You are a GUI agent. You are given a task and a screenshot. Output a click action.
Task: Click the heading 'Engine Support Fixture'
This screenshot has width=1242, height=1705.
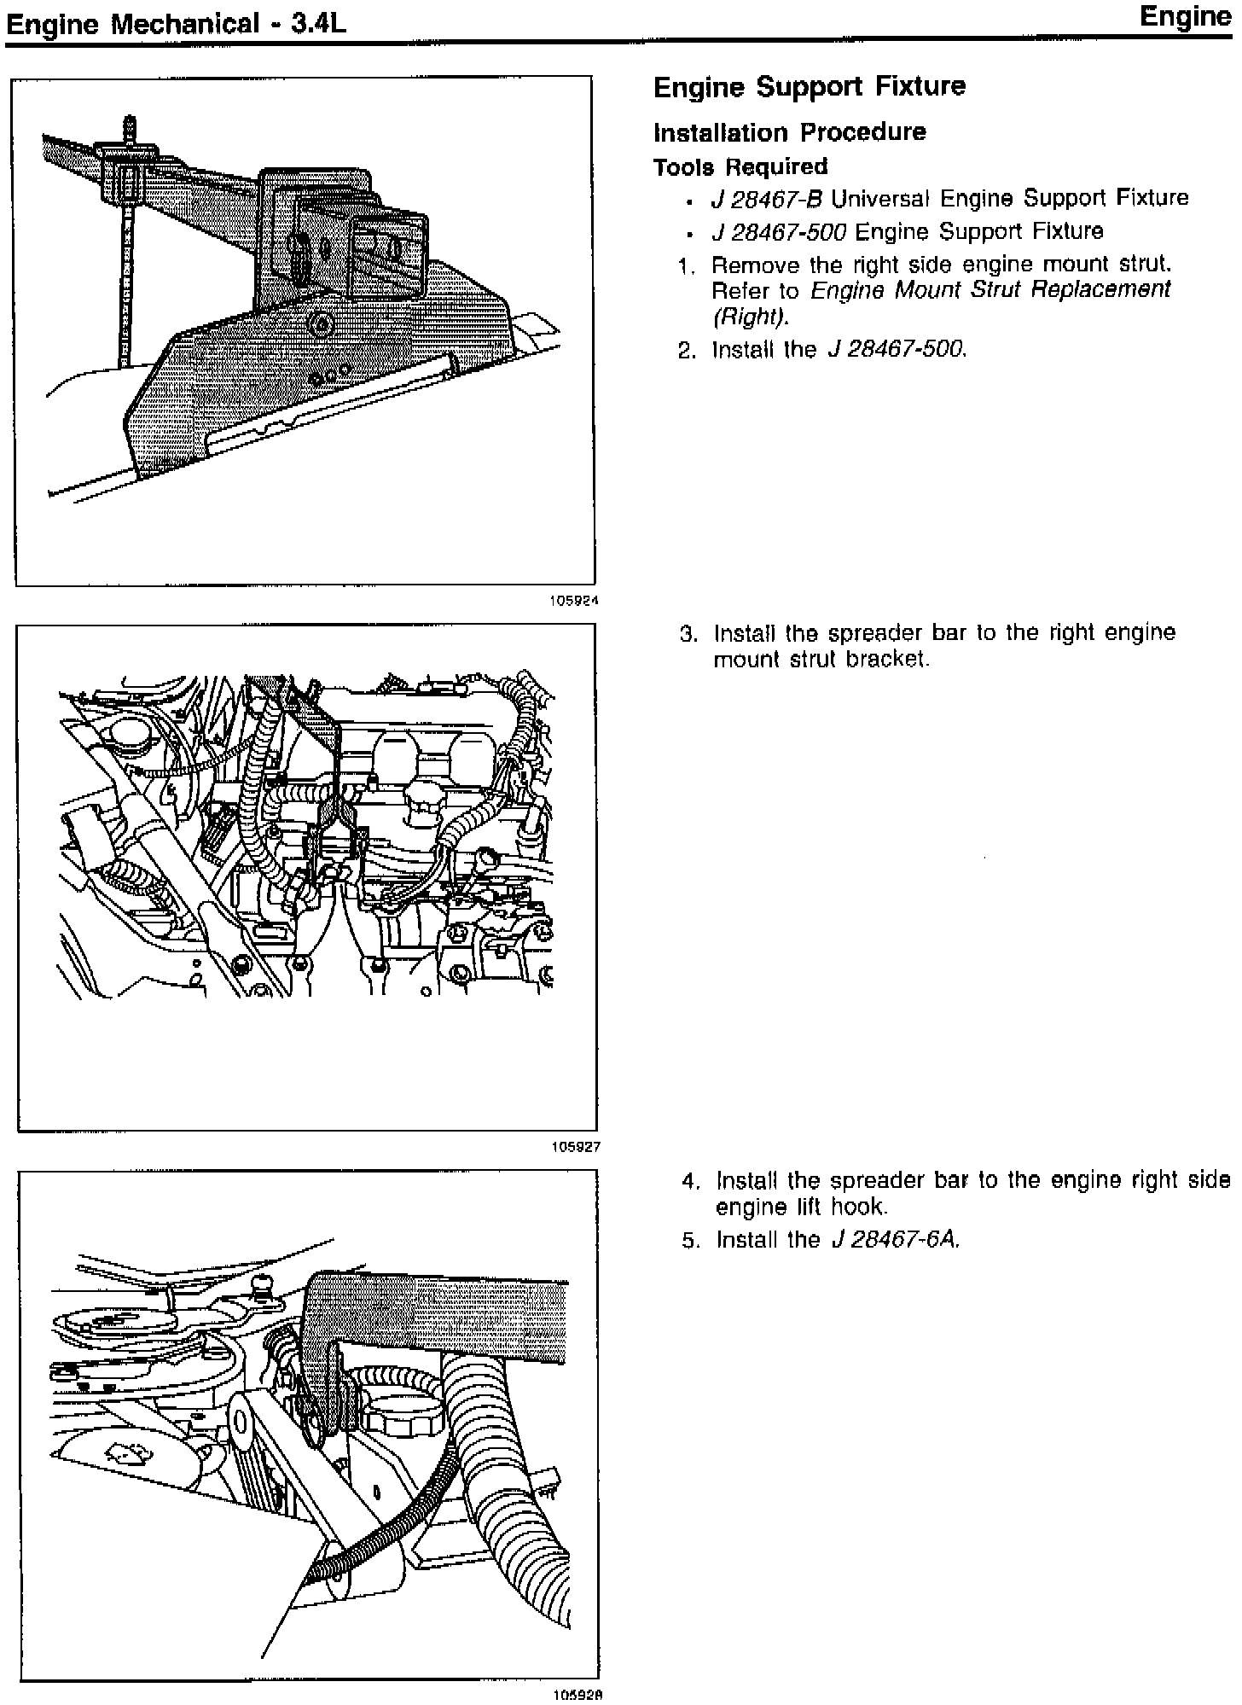tap(809, 87)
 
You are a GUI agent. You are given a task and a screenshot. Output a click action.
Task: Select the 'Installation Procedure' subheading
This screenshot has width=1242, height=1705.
tap(789, 132)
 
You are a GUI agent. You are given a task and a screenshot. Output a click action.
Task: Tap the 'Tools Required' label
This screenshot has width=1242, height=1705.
tap(740, 167)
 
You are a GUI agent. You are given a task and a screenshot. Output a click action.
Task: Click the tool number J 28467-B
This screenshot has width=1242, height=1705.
tap(766, 200)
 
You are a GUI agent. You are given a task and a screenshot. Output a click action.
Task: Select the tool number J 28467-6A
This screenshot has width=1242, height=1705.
tap(895, 1240)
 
